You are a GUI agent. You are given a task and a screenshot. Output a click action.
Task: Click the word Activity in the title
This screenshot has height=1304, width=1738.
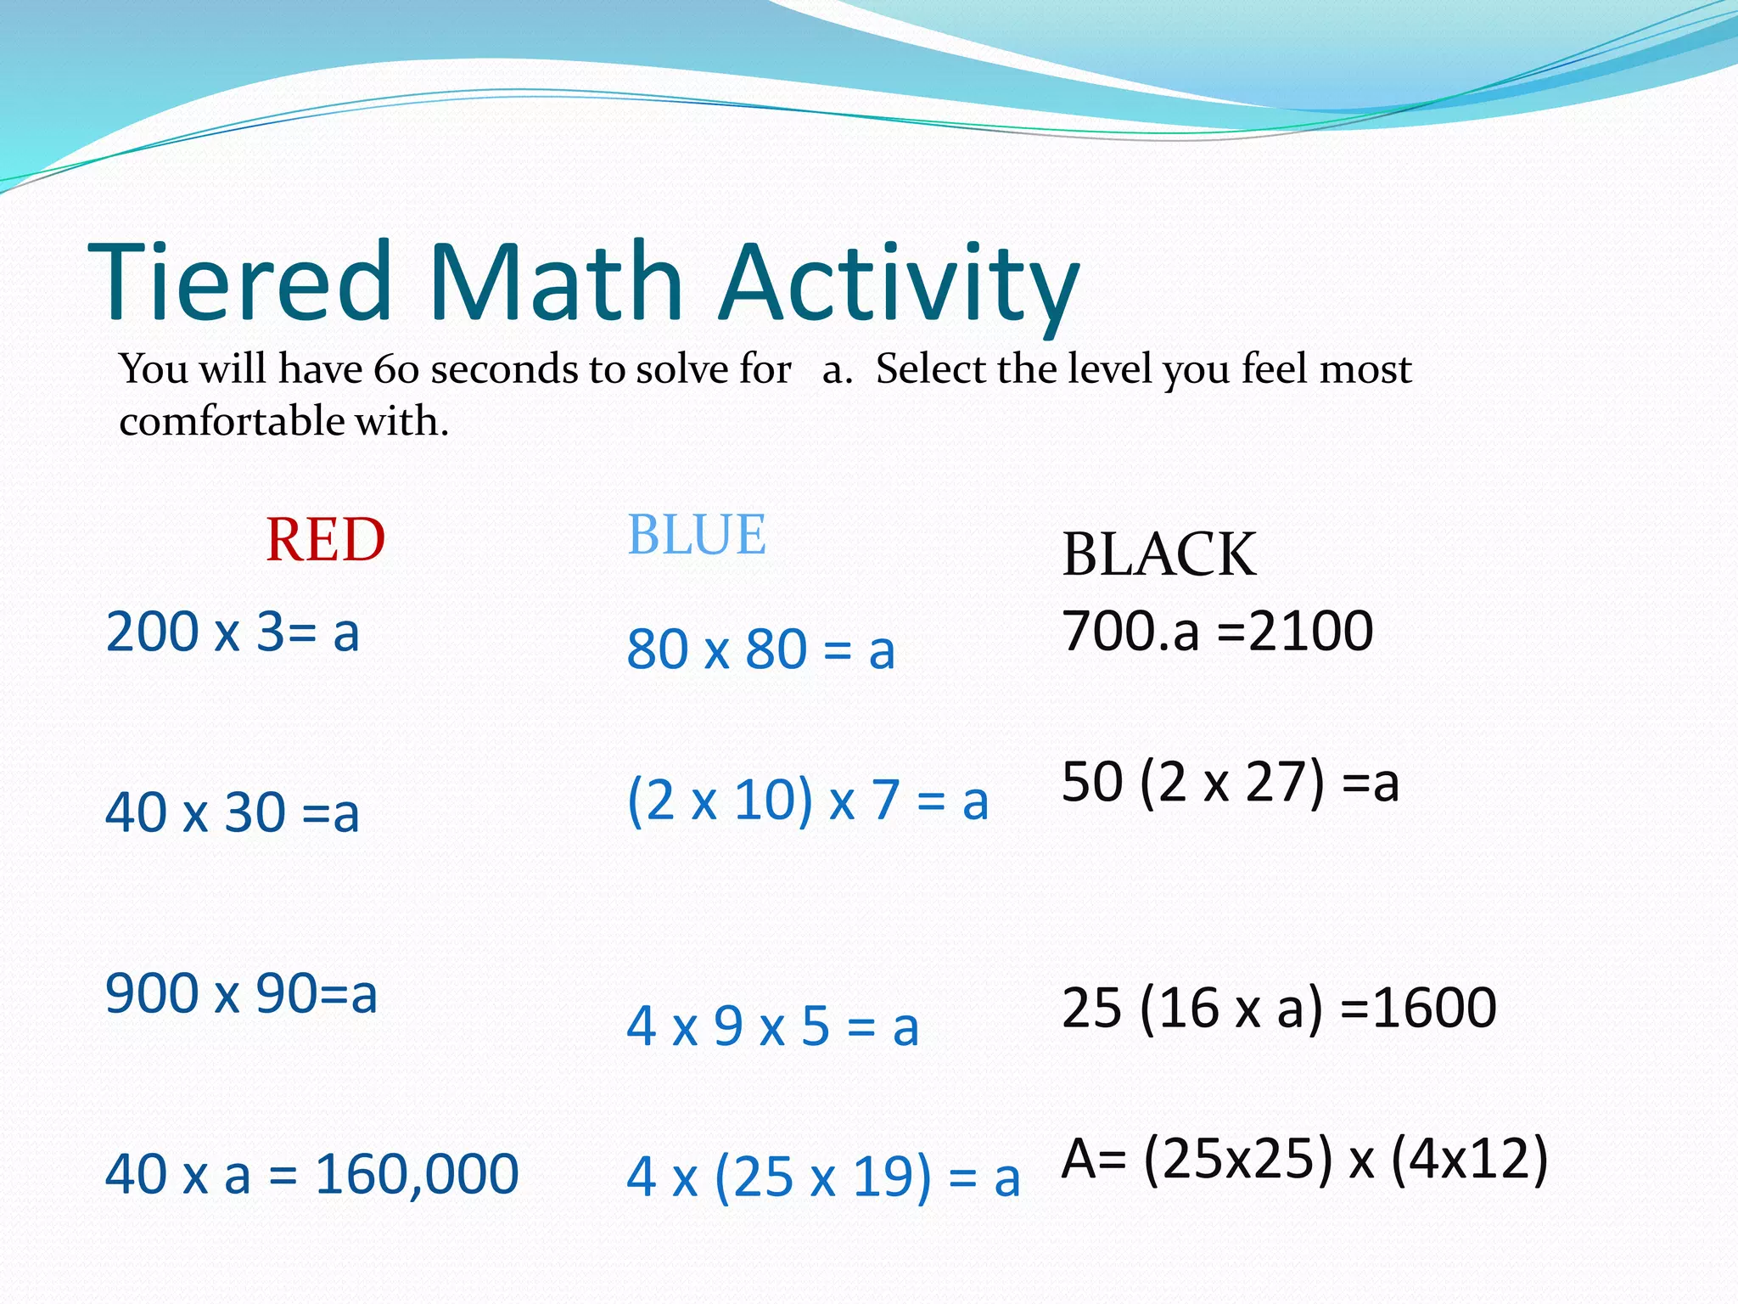point(900,284)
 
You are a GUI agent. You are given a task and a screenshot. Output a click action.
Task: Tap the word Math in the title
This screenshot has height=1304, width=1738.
point(556,282)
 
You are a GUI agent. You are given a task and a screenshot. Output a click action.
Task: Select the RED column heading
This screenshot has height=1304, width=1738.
point(325,540)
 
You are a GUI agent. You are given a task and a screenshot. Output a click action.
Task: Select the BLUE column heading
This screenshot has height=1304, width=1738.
point(696,535)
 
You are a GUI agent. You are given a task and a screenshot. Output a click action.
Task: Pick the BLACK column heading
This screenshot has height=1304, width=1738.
point(1158,554)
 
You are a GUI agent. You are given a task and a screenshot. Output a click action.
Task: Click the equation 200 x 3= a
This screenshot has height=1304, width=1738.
point(233,632)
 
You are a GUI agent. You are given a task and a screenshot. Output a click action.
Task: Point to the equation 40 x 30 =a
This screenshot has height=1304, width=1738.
point(233,812)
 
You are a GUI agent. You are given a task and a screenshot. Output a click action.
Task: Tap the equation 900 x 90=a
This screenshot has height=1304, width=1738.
point(241,993)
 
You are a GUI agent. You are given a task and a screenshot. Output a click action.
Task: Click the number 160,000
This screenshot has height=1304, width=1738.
point(417,1175)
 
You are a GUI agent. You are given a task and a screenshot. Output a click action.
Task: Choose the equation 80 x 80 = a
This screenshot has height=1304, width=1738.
point(760,650)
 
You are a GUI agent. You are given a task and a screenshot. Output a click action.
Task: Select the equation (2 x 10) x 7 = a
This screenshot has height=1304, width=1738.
point(807,801)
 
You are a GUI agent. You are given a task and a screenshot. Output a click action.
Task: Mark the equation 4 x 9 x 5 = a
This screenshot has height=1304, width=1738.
point(772,1026)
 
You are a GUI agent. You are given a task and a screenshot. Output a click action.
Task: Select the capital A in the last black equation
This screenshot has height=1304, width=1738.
point(1079,1159)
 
